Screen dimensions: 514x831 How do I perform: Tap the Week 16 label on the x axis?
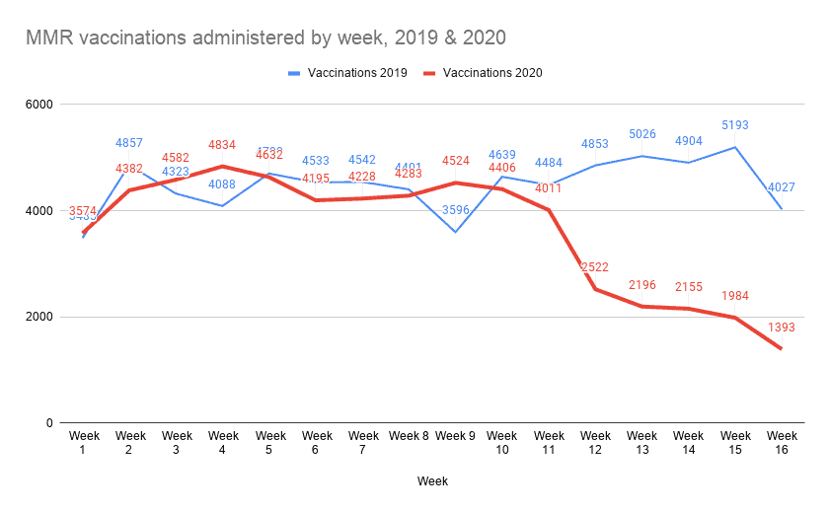pyautogui.click(x=782, y=442)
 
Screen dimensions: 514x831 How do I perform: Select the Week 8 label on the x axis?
pyautogui.click(x=409, y=435)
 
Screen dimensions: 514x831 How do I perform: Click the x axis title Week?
pyautogui.click(x=431, y=481)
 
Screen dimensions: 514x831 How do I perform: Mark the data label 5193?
pyautogui.click(x=735, y=126)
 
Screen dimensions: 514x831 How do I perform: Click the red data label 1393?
pyautogui.click(x=782, y=328)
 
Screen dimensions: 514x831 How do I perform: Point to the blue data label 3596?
pyautogui.click(x=455, y=210)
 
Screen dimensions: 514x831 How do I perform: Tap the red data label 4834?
pyautogui.click(x=223, y=145)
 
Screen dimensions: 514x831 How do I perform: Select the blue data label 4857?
pyautogui.click(x=130, y=144)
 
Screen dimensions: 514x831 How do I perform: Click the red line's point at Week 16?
pyautogui.click(x=782, y=348)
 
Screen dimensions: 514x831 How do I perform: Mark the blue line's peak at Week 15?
pyautogui.click(x=735, y=147)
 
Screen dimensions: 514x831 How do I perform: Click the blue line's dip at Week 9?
pyautogui.click(x=455, y=232)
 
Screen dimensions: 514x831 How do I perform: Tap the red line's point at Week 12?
pyautogui.click(x=595, y=289)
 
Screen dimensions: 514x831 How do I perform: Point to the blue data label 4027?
pyautogui.click(x=782, y=187)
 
